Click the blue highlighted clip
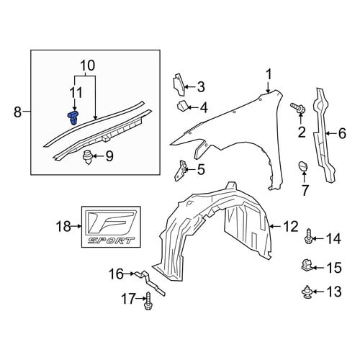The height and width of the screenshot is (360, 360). click(x=73, y=117)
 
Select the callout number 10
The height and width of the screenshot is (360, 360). click(x=88, y=66)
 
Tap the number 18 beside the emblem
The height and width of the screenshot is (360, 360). click(x=63, y=226)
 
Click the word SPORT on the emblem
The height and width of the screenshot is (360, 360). click(x=111, y=240)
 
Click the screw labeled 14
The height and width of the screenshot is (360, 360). click(x=309, y=237)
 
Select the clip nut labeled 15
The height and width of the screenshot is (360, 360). click(x=307, y=265)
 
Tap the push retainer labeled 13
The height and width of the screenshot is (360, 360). click(x=307, y=292)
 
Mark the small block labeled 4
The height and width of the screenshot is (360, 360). click(x=182, y=107)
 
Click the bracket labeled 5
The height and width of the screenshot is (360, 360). click(x=179, y=170)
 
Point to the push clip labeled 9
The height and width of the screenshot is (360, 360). click(x=88, y=157)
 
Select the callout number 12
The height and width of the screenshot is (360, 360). click(x=290, y=227)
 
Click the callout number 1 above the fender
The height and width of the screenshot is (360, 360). click(x=269, y=74)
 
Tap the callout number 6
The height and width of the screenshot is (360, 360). click(x=342, y=133)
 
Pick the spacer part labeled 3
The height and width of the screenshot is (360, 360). click(x=179, y=85)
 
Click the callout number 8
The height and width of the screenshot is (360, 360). click(x=17, y=112)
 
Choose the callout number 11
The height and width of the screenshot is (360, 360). click(x=76, y=92)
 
